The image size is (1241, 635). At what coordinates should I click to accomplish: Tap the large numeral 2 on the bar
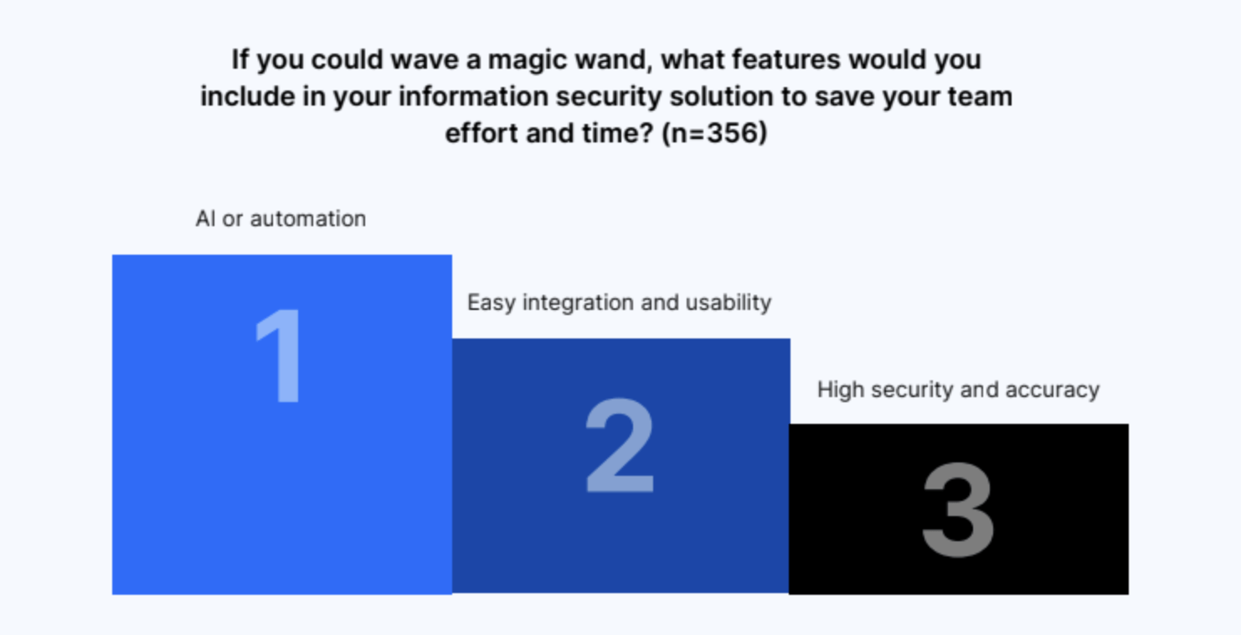pyautogui.click(x=620, y=445)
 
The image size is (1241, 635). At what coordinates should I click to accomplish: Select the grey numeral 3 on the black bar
pyautogui.click(x=959, y=510)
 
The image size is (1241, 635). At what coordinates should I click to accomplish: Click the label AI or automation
pyautogui.click(x=281, y=219)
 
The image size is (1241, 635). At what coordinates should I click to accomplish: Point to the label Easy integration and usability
pyautogui.click(x=620, y=303)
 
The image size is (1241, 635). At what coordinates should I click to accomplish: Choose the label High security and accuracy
pyautogui.click(x=959, y=390)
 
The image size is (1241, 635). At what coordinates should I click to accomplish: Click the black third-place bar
pyautogui.click(x=959, y=509)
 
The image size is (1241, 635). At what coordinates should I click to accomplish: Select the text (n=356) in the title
pyautogui.click(x=714, y=133)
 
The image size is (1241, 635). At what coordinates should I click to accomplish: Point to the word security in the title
pyautogui.click(x=609, y=97)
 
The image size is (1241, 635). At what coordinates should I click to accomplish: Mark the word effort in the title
pyautogui.click(x=481, y=133)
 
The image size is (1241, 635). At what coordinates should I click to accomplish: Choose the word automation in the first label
pyautogui.click(x=308, y=219)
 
